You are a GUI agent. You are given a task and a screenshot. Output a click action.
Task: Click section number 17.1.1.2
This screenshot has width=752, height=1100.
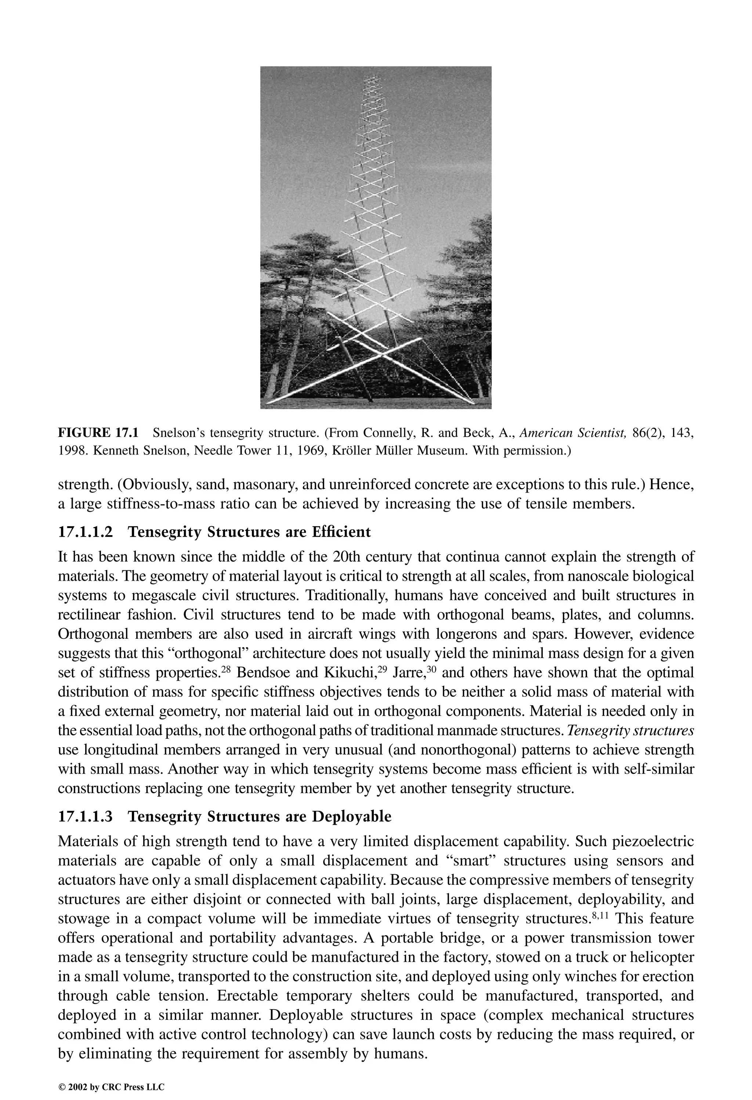(86, 532)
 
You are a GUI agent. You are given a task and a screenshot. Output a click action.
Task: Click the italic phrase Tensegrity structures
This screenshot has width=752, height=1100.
(630, 731)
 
